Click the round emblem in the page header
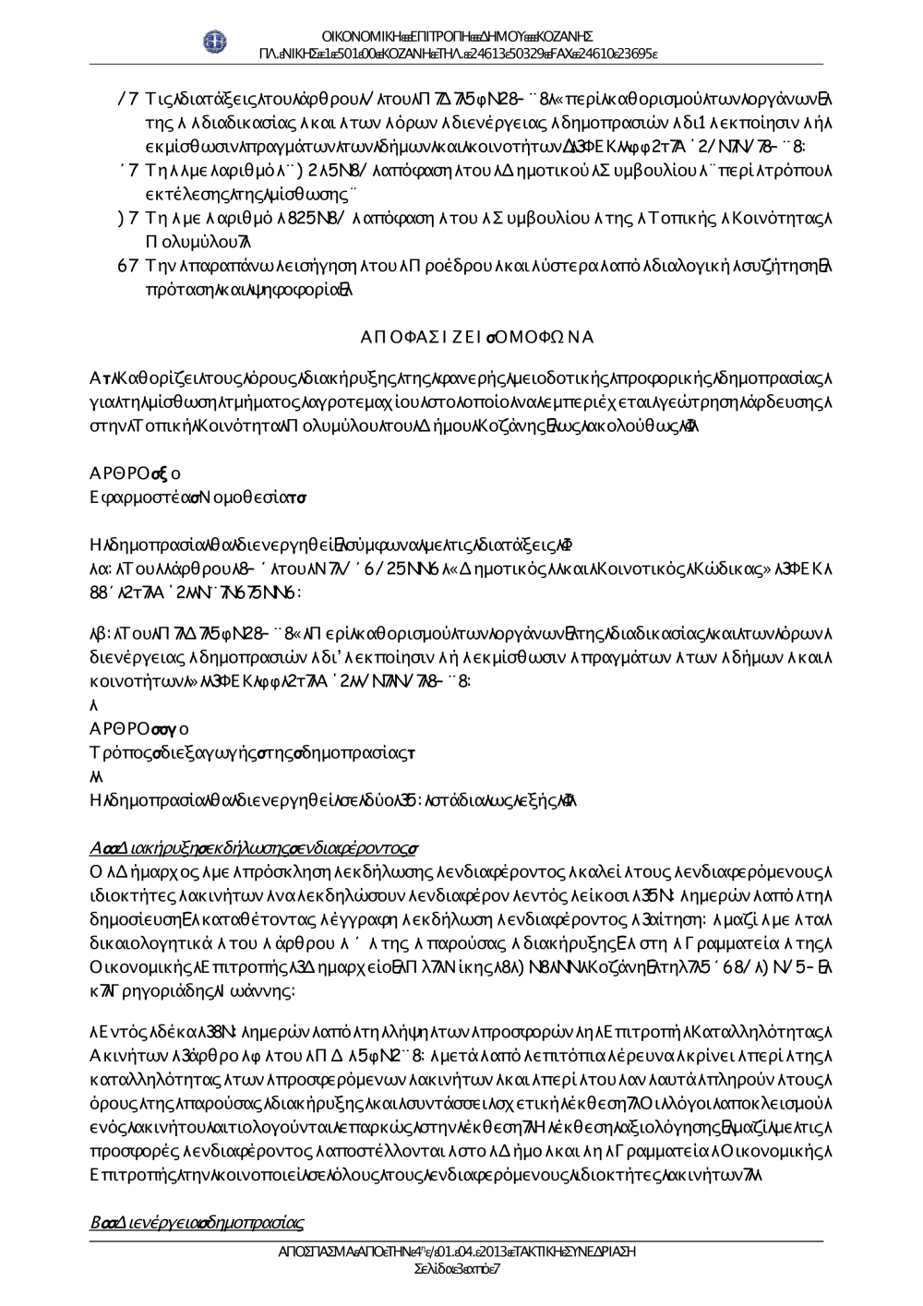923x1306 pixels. click(x=215, y=42)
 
